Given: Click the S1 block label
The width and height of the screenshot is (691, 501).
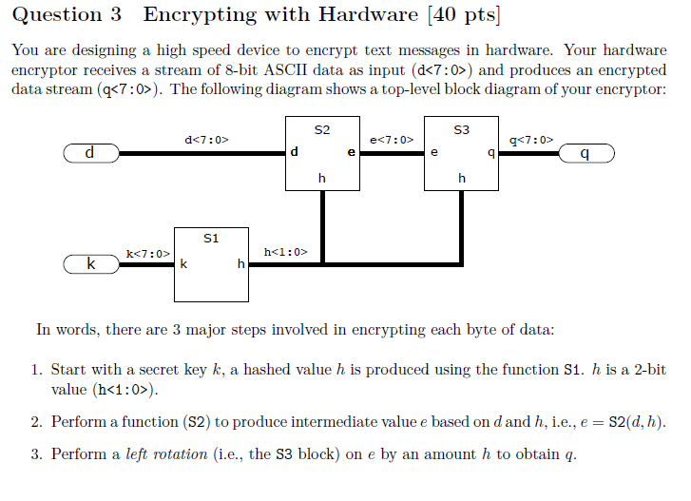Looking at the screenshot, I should (x=211, y=238).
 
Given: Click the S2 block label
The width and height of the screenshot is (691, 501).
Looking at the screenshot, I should (x=322, y=128).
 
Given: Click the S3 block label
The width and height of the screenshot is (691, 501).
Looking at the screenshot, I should (x=462, y=128).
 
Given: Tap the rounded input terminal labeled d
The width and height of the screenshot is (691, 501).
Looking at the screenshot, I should (x=90, y=153).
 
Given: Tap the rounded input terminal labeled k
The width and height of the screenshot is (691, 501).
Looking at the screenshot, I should (x=90, y=264).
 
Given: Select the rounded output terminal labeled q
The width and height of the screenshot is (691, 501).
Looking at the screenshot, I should (x=586, y=153).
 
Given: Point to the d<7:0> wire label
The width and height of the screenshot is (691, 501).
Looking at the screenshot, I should (x=206, y=140).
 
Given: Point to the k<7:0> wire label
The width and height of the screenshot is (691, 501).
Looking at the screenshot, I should (x=147, y=253).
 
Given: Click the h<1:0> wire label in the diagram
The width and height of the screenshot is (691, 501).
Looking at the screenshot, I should (x=285, y=252).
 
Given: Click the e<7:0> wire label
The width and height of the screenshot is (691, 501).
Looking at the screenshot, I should (x=391, y=140).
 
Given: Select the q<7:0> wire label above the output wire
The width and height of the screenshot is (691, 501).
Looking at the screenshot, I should (x=531, y=140).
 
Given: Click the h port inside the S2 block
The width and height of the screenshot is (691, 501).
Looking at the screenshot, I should (x=322, y=178).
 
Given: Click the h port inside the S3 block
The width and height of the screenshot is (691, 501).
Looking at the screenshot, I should (x=462, y=178).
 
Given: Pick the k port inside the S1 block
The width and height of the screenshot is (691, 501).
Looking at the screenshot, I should (x=182, y=265).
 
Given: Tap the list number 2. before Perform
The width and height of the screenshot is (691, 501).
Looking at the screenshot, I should (x=37, y=421).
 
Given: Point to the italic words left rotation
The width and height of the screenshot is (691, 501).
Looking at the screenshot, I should (x=166, y=453).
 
